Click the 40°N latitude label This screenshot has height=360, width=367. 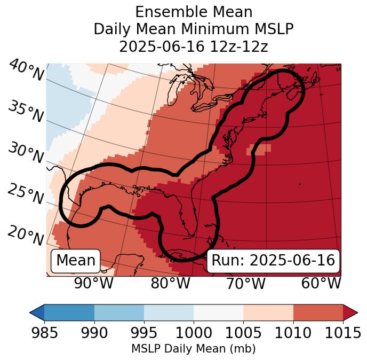pos(26,71)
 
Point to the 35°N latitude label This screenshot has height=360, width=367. pos(26,112)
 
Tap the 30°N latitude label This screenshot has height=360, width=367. pos(26,153)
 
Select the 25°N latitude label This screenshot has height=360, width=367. pos(26,194)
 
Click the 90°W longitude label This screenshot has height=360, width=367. pos(93,283)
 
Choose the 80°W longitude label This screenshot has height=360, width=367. pos(170,283)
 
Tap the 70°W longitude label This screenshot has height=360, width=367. pos(245,283)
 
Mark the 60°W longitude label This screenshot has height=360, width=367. pos(321,283)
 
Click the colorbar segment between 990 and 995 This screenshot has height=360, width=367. pos(119,312)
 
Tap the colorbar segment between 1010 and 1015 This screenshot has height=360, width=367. pos(318,312)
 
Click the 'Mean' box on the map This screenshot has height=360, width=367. pos(76,261)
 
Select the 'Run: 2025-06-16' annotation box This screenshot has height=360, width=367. pos(273,261)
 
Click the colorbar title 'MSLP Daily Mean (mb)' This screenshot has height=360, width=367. pos(193,349)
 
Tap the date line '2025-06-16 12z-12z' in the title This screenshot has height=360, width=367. pos(193,46)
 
